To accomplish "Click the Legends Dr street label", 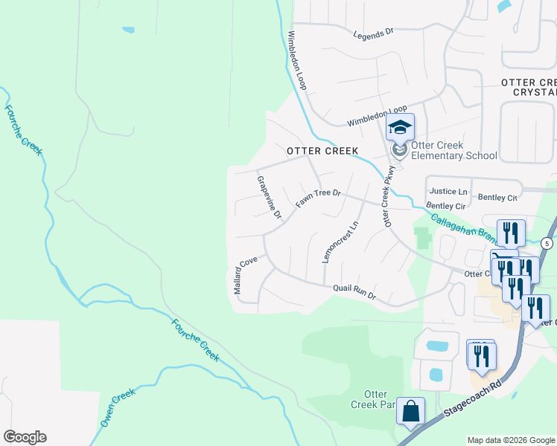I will [x=373, y=34].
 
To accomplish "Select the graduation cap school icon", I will [x=400, y=128].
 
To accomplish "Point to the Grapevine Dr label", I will [x=269, y=198].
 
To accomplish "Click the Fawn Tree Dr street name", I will [x=318, y=198].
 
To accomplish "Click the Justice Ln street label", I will [x=447, y=192].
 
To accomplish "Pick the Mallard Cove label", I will [x=246, y=275].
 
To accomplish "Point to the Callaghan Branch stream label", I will [x=462, y=227].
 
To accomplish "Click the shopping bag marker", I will [x=410, y=411].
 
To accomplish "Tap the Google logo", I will [x=25, y=437].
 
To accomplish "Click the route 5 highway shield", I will [x=547, y=243].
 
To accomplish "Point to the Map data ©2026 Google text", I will [x=511, y=440].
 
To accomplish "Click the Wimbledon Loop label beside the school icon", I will [x=378, y=116].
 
